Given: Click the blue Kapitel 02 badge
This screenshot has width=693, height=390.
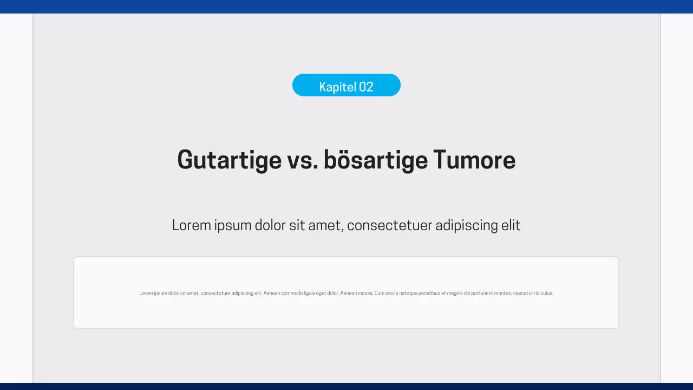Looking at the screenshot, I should [346, 86].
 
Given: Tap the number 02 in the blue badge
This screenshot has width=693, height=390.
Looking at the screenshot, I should [366, 87].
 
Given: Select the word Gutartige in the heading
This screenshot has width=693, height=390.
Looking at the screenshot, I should [229, 160].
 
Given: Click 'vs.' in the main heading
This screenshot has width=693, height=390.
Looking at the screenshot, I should [302, 160].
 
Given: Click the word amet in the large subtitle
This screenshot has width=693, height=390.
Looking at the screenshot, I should [324, 225].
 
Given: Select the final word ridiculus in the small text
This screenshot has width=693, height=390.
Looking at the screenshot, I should [543, 293].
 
